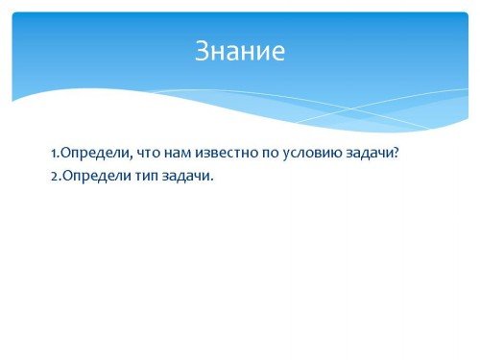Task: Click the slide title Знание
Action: pyautogui.click(x=240, y=51)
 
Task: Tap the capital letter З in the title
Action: pyautogui.click(x=202, y=51)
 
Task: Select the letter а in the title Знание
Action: pyautogui.click(x=233, y=54)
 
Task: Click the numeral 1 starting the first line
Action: pyautogui.click(x=54, y=154)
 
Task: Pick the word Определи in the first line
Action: pyautogui.click(x=95, y=154)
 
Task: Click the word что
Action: pyautogui.click(x=149, y=154)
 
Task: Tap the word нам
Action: pyautogui.click(x=178, y=154)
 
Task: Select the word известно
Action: pyautogui.click(x=227, y=154)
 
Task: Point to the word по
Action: pyautogui.click(x=271, y=154)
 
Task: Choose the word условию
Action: pyautogui.click(x=313, y=155)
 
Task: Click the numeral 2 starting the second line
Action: pyautogui.click(x=55, y=177)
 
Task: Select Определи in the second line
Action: pyautogui.click(x=97, y=177)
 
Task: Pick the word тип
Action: pyautogui.click(x=147, y=177)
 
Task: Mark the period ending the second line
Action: pyautogui.click(x=211, y=180)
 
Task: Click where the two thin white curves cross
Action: pyautogui.click(x=350, y=108)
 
